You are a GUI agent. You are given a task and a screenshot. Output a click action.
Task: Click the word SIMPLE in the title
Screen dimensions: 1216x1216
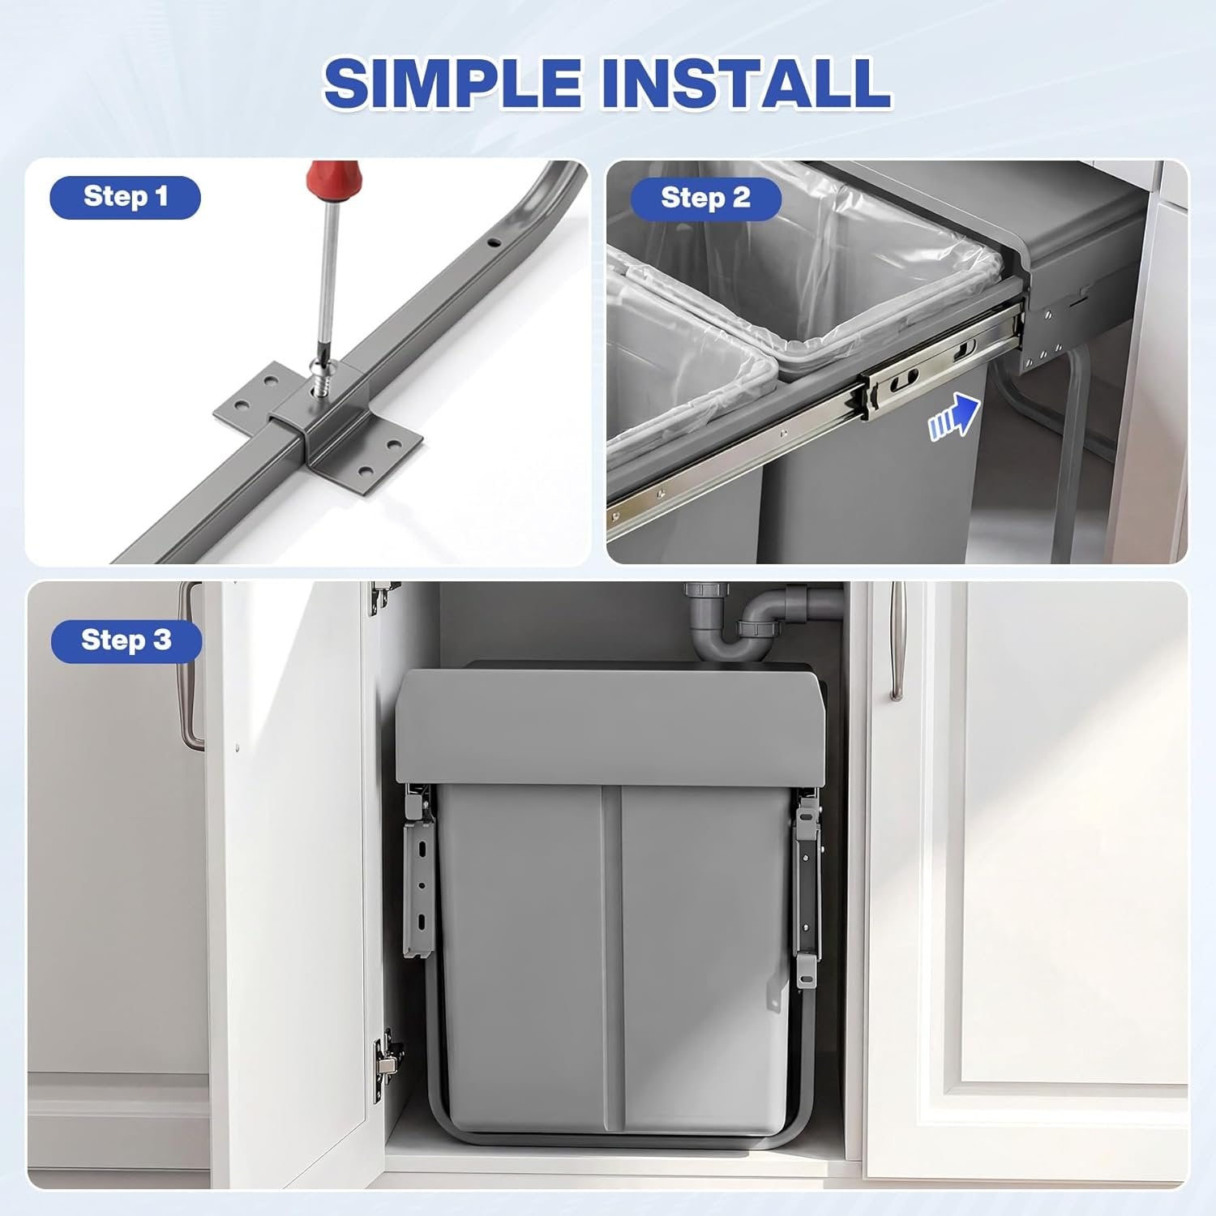pos(452,83)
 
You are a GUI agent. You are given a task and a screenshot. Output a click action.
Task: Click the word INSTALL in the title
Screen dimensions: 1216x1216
pos(743,83)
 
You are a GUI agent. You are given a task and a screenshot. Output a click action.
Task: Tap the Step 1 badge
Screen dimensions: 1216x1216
pos(125,197)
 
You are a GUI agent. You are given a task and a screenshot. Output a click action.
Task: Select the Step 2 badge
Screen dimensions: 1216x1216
pos(705,199)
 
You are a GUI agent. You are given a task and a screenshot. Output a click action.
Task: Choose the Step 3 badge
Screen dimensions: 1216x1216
pos(126,640)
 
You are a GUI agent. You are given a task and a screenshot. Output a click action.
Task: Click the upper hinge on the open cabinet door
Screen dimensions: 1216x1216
pos(381,598)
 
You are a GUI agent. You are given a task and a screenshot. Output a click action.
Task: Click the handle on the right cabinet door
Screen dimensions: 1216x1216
pos(897,640)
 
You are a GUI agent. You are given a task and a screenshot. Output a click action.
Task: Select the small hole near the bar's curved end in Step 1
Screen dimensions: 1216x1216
pos(491,241)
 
